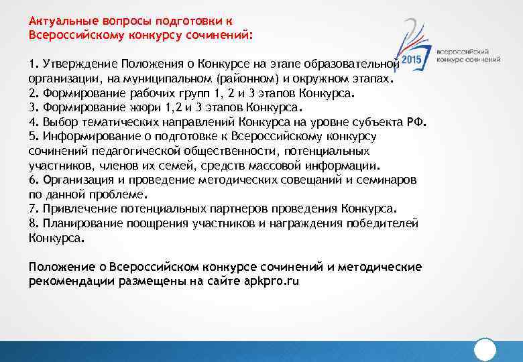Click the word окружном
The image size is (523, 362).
pyautogui.click(x=323, y=78)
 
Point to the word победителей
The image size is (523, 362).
pyautogui.click(x=384, y=223)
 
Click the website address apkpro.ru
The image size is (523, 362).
pyautogui.click(x=274, y=281)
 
